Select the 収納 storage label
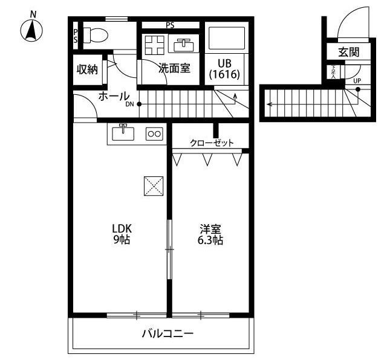click(87, 69)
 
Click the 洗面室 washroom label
click(174, 69)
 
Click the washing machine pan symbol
click(154, 45)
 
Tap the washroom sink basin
click(183, 44)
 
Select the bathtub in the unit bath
click(226, 39)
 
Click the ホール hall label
click(113, 97)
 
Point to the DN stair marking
click(130, 104)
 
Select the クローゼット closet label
click(212, 143)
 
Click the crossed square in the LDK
click(154, 185)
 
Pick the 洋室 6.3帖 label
click(211, 234)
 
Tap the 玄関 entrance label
click(348, 53)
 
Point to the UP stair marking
click(357, 81)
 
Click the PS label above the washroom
click(171, 25)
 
